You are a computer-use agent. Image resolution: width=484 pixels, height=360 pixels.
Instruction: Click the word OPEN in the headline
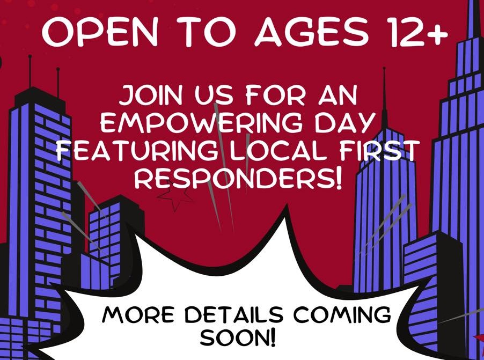(99, 32)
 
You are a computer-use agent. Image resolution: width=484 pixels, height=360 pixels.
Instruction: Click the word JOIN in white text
(150, 95)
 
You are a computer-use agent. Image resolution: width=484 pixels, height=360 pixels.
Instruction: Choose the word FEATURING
(141, 150)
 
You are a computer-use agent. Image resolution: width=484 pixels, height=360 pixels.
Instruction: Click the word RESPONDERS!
(238, 179)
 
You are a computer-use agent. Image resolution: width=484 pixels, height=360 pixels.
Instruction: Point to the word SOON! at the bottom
(237, 338)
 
